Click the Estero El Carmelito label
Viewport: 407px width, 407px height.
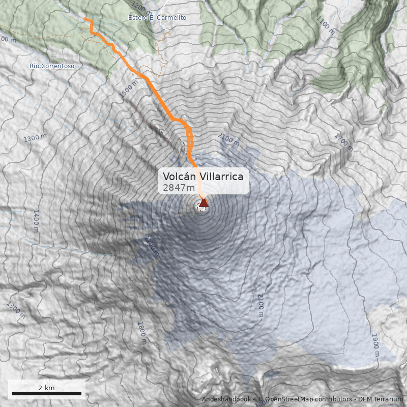[x=157, y=18]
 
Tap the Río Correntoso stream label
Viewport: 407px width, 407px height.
[x=52, y=66]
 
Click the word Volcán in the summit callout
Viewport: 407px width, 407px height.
[x=179, y=176]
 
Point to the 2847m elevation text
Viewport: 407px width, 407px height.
[x=179, y=187]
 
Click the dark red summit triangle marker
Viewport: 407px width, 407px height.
[x=203, y=203]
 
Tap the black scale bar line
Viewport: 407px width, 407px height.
[x=46, y=393]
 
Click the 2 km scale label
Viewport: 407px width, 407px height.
[x=46, y=388]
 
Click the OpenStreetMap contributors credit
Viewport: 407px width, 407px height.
[x=305, y=399]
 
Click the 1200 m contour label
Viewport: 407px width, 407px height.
[x=141, y=7]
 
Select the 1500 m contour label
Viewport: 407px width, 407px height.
[x=128, y=89]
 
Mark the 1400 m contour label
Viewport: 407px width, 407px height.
[x=36, y=221]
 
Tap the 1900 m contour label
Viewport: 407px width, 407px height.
[x=375, y=345]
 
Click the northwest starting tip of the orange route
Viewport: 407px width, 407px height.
[x=85, y=19]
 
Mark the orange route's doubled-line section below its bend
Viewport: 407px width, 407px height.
[x=189, y=140]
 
